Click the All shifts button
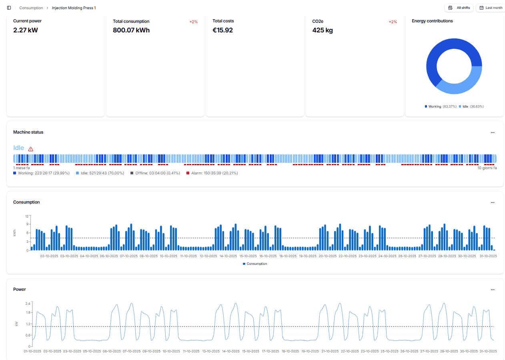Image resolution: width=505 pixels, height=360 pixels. pos(459,8)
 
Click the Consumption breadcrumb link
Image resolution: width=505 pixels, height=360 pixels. pos(31,8)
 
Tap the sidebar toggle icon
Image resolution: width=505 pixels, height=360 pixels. pos(9,8)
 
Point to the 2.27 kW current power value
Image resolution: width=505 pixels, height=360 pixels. pos(26,30)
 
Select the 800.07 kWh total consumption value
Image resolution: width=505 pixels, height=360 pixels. pos(131,30)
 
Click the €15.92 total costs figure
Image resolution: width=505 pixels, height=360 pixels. pos(222,30)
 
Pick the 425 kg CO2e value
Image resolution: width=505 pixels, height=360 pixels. pos(323,30)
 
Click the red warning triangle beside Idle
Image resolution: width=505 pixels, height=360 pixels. pos(31,149)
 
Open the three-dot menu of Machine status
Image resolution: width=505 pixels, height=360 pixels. pos(493,132)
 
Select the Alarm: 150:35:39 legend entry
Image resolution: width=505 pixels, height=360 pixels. pos(212,173)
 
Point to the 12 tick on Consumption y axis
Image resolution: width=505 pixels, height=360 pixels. pos(27,216)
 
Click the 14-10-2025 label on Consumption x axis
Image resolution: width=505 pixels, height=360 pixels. pos(228,256)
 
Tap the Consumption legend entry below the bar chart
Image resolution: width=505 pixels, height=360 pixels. pos(255,264)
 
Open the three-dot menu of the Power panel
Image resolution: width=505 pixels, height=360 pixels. pos(493,290)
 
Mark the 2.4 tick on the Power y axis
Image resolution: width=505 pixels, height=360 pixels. pos(28,304)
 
